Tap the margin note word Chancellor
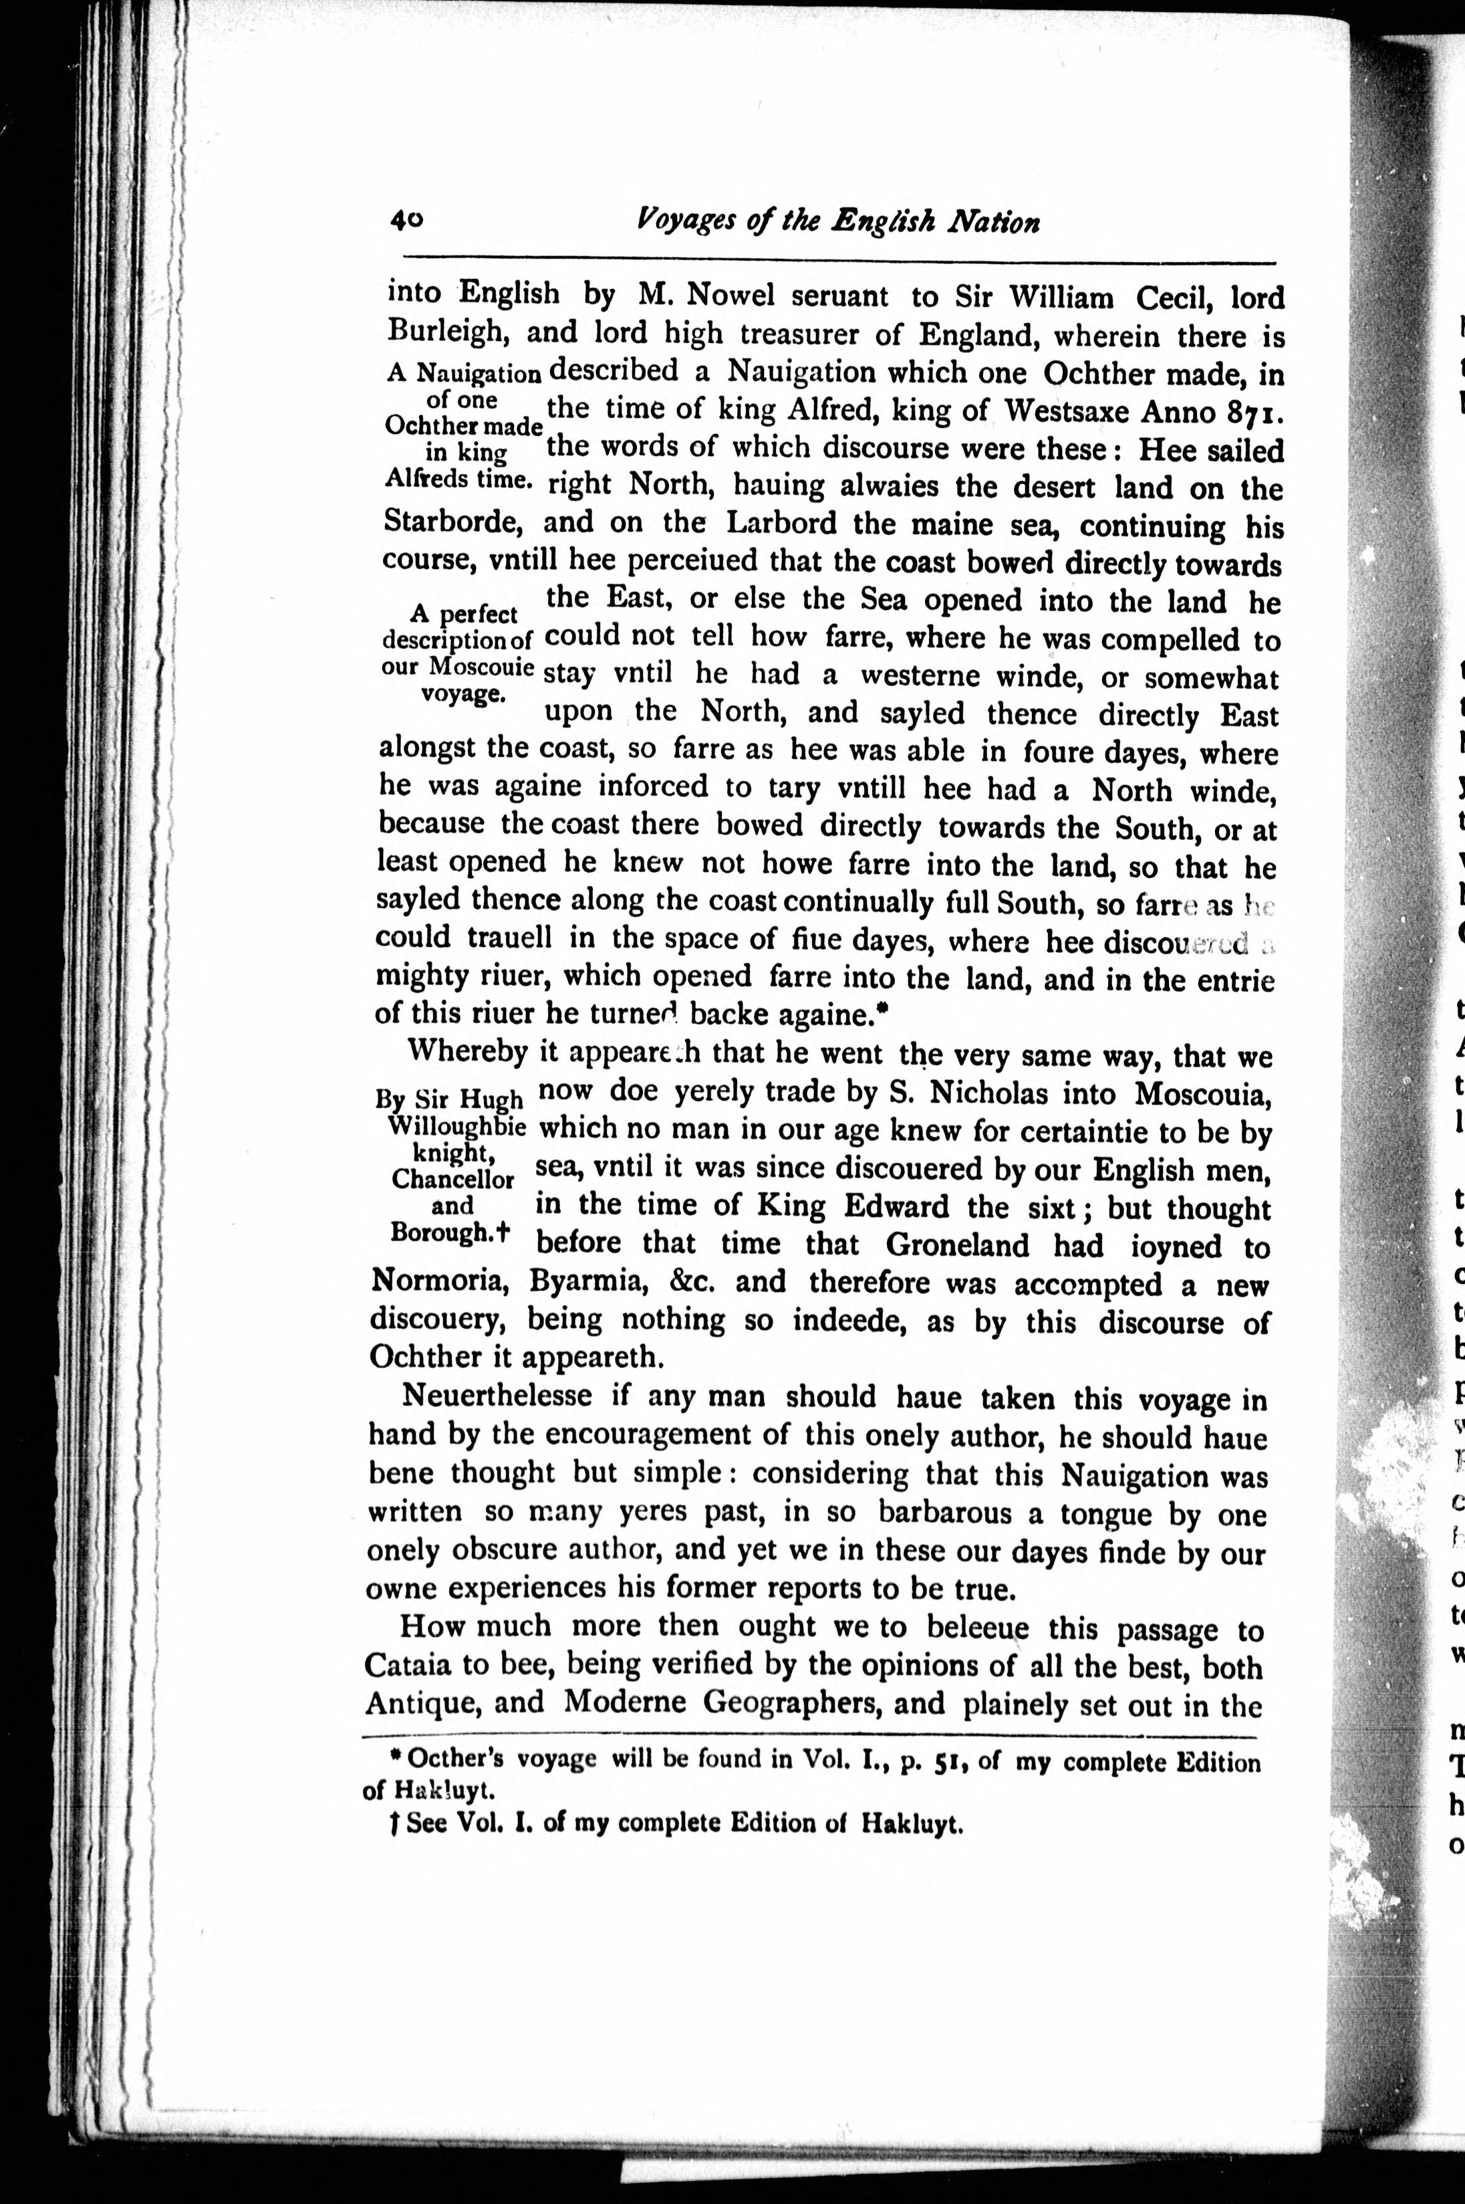453,1179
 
